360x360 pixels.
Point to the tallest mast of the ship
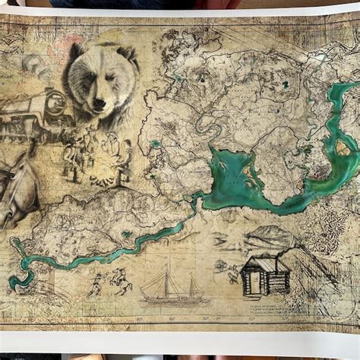(x=168, y=278)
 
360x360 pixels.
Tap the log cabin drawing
(x=266, y=275)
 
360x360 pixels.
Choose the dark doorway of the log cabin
(x=254, y=283)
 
